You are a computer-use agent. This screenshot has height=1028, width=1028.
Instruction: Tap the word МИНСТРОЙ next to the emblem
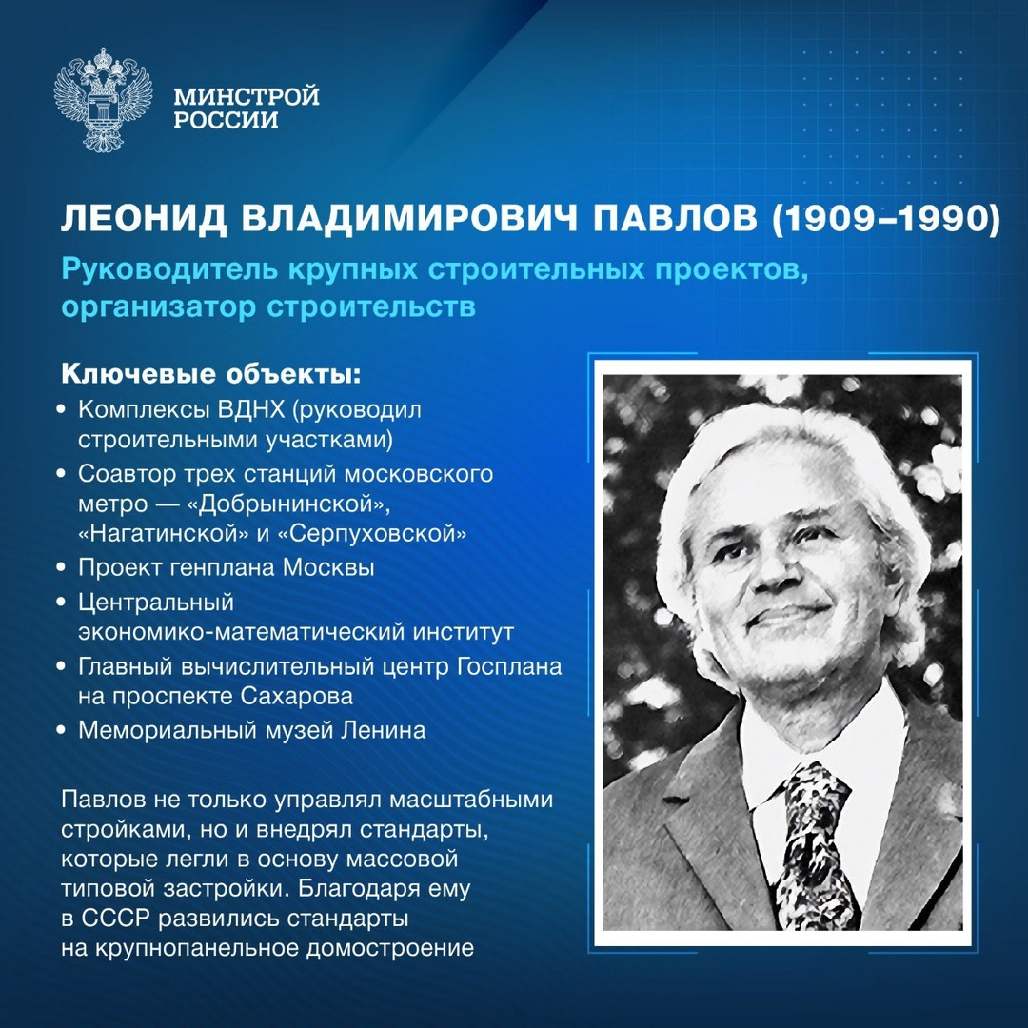[246, 96]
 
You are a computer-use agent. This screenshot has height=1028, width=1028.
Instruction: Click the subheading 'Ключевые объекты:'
[210, 373]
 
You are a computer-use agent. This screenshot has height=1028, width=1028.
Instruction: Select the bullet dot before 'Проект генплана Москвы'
[62, 568]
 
